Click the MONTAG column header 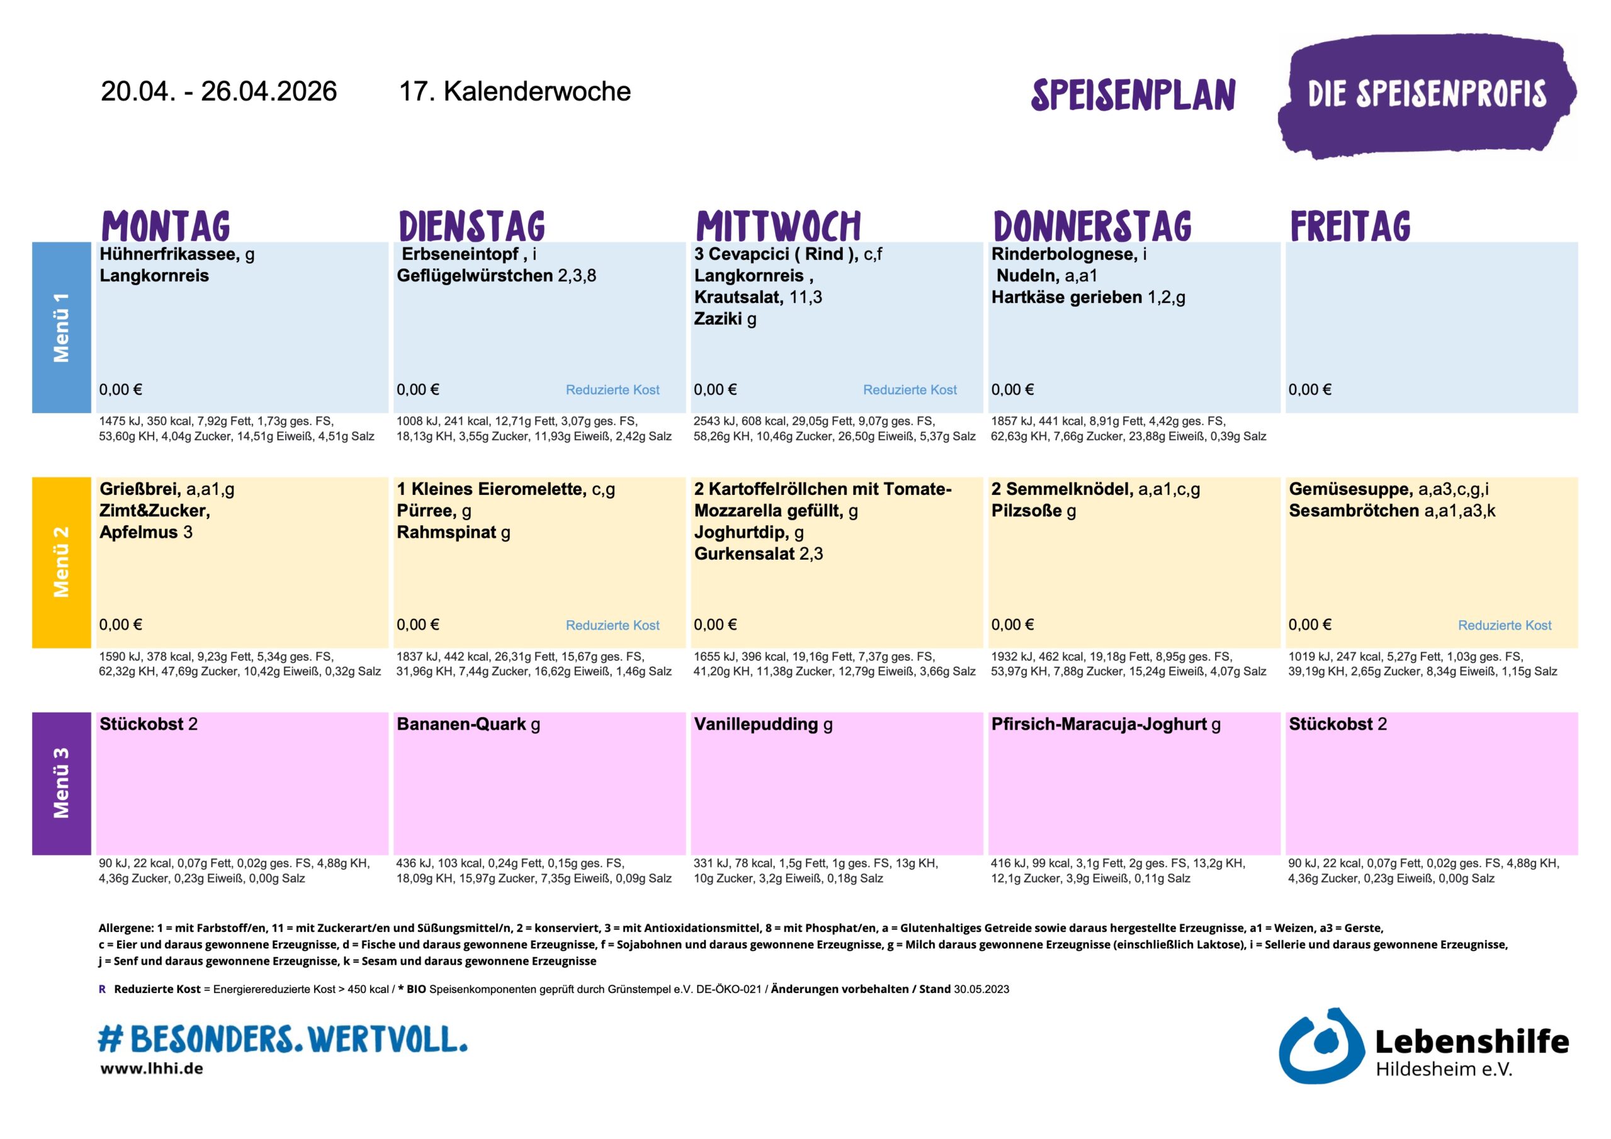[x=166, y=226]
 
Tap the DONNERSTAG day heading [x=1092, y=226]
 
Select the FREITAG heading [x=1350, y=226]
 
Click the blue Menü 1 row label [x=62, y=328]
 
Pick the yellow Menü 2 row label [x=62, y=562]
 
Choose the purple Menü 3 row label [x=62, y=783]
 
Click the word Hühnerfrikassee [x=169, y=254]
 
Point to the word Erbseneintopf [x=460, y=254]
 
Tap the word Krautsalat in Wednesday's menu [x=738, y=297]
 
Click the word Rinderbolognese [x=1064, y=254]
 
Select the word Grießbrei [x=140, y=489]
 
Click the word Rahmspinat [x=446, y=532]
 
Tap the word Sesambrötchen [x=1354, y=511]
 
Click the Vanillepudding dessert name [x=756, y=724]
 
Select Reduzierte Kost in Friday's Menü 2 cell [x=1505, y=625]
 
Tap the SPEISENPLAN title [x=1133, y=96]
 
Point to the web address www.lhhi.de [x=152, y=1069]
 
